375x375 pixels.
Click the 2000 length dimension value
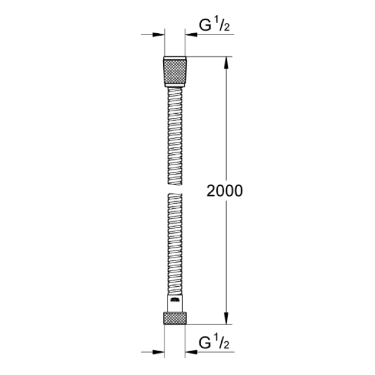click(x=224, y=191)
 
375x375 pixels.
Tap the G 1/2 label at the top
click(x=212, y=26)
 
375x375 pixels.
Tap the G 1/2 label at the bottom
click(x=212, y=342)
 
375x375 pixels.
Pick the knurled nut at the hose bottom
click(x=175, y=317)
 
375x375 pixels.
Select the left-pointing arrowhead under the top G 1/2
click(x=191, y=36)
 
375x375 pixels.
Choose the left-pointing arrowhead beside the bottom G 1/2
click(x=191, y=351)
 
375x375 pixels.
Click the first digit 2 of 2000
click(x=211, y=191)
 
